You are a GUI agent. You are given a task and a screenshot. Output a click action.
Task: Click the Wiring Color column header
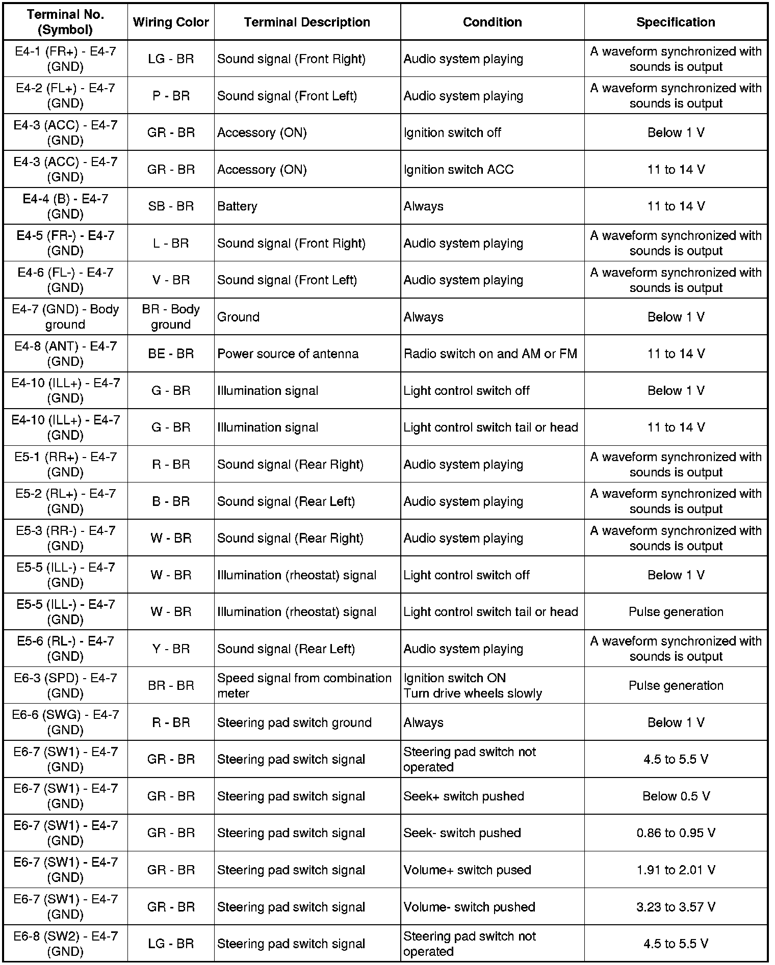pos(171,22)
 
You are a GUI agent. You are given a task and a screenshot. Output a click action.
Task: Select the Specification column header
pos(676,22)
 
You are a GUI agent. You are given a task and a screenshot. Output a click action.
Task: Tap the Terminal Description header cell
pos(307,22)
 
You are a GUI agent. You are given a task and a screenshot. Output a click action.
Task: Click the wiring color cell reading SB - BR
pos(171,206)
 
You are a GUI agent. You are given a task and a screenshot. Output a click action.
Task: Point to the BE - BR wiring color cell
pos(171,354)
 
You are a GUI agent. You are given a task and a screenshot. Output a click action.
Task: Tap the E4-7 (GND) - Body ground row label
pos(65,317)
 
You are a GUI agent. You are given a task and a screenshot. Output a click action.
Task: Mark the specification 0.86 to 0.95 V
pos(676,833)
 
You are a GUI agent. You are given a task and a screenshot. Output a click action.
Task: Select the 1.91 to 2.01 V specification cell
pos(676,870)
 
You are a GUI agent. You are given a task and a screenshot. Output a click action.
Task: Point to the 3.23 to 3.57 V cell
pos(676,907)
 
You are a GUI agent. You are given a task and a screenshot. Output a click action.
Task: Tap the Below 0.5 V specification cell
pos(676,796)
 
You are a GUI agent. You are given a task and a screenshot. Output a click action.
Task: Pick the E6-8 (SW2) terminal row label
pos(65,944)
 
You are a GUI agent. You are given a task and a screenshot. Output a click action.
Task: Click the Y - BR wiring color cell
pos(171,649)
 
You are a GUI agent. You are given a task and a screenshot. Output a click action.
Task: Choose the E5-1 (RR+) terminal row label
pos(65,464)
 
